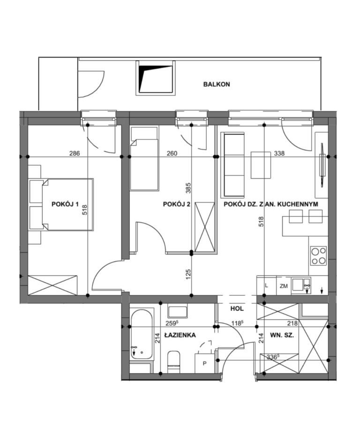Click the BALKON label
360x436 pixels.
217,84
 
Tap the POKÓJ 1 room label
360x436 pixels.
65,204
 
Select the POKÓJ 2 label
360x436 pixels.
177,204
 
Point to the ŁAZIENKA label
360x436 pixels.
180,335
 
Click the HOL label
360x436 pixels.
237,308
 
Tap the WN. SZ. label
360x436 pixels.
282,335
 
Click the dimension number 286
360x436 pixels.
75,153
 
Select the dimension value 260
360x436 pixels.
172,153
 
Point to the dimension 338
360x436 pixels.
279,153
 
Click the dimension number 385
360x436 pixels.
188,188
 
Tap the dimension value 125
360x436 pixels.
188,274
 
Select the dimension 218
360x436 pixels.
292,323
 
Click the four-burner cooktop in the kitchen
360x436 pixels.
319,256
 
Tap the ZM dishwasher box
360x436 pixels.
284,286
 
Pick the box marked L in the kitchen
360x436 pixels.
267,286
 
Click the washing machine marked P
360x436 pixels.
205,363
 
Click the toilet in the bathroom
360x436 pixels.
174,362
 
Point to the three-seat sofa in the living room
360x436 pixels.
233,165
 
